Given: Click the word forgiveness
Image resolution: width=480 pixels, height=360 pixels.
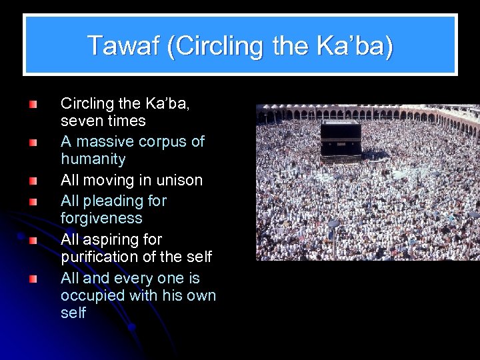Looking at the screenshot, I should (101, 219).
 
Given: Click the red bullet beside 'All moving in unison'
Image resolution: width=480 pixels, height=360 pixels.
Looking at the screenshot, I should (33, 181).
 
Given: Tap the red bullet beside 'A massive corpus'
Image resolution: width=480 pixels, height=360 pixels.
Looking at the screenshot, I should (33, 142).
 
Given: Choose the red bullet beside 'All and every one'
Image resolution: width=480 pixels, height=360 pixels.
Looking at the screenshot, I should (33, 278).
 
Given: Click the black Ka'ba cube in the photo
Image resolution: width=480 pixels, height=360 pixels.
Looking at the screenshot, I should (341, 138).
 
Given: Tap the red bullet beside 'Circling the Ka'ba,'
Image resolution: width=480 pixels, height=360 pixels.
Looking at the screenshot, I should (33, 104).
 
